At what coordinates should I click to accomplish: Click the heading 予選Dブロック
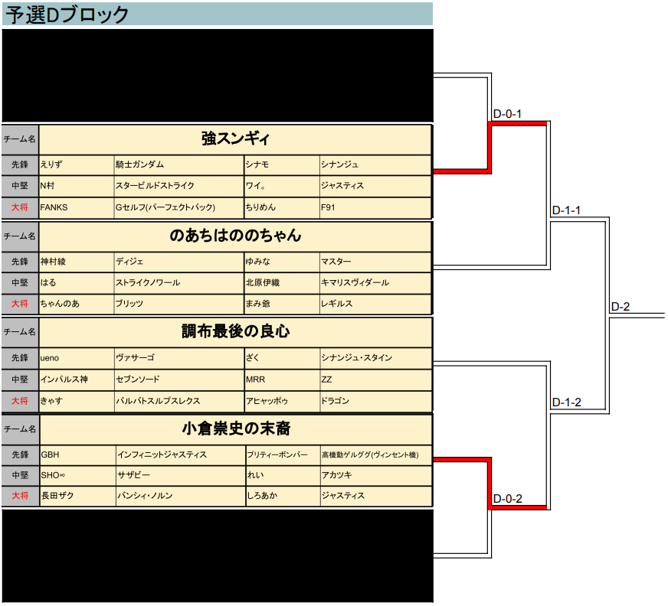click(67, 15)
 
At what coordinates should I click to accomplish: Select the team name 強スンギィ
click(235, 138)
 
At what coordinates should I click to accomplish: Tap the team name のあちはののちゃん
click(235, 236)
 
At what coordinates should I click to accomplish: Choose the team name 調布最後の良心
click(235, 331)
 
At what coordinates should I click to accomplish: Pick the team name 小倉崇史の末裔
click(235, 428)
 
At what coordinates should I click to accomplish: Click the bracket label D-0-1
click(507, 114)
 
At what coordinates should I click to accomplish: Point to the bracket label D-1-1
click(566, 210)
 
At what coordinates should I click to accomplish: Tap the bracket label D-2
click(621, 307)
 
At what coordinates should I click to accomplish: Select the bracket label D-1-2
click(566, 402)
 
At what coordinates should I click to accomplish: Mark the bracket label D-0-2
click(507, 499)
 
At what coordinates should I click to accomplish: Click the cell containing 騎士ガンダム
click(139, 165)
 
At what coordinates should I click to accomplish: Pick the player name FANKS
click(54, 207)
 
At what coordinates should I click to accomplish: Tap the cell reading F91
click(328, 207)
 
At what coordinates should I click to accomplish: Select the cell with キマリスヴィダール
click(355, 282)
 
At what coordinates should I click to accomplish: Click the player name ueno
click(50, 357)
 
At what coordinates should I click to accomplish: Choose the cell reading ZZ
click(326, 379)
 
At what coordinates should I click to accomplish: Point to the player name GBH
click(50, 454)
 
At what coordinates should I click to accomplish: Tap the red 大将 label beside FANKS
click(20, 207)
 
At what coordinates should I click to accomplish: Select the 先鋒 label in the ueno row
click(20, 357)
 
